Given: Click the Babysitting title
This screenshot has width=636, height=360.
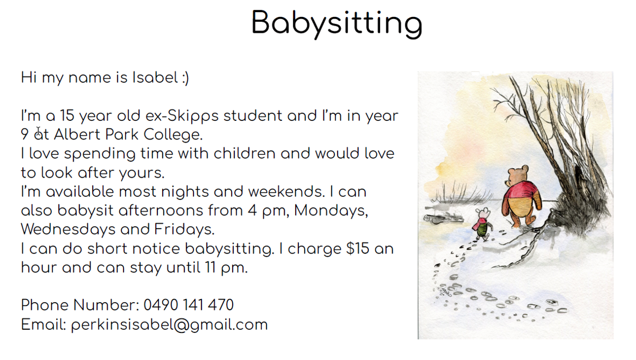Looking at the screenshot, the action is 337,24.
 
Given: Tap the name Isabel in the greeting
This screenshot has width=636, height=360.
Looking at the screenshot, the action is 155,77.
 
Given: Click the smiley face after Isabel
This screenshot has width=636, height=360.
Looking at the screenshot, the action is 185,78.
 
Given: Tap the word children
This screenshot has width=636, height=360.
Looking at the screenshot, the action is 244,153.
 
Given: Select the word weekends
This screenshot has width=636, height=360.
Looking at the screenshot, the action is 286,192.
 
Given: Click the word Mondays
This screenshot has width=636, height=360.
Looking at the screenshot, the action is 331,211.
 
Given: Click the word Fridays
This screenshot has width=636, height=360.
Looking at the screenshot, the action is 184,230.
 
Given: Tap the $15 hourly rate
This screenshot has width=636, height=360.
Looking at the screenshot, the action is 358,249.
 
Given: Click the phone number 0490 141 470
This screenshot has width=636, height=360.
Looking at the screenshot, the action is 189,305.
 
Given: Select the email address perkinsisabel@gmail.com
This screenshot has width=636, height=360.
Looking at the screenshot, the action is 169,325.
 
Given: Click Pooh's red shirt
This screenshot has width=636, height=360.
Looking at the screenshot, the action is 522,190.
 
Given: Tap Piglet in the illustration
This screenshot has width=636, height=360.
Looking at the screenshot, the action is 482,224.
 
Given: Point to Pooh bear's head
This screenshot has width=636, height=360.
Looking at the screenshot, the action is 518,174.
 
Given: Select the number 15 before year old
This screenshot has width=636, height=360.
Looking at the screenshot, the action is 67,116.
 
